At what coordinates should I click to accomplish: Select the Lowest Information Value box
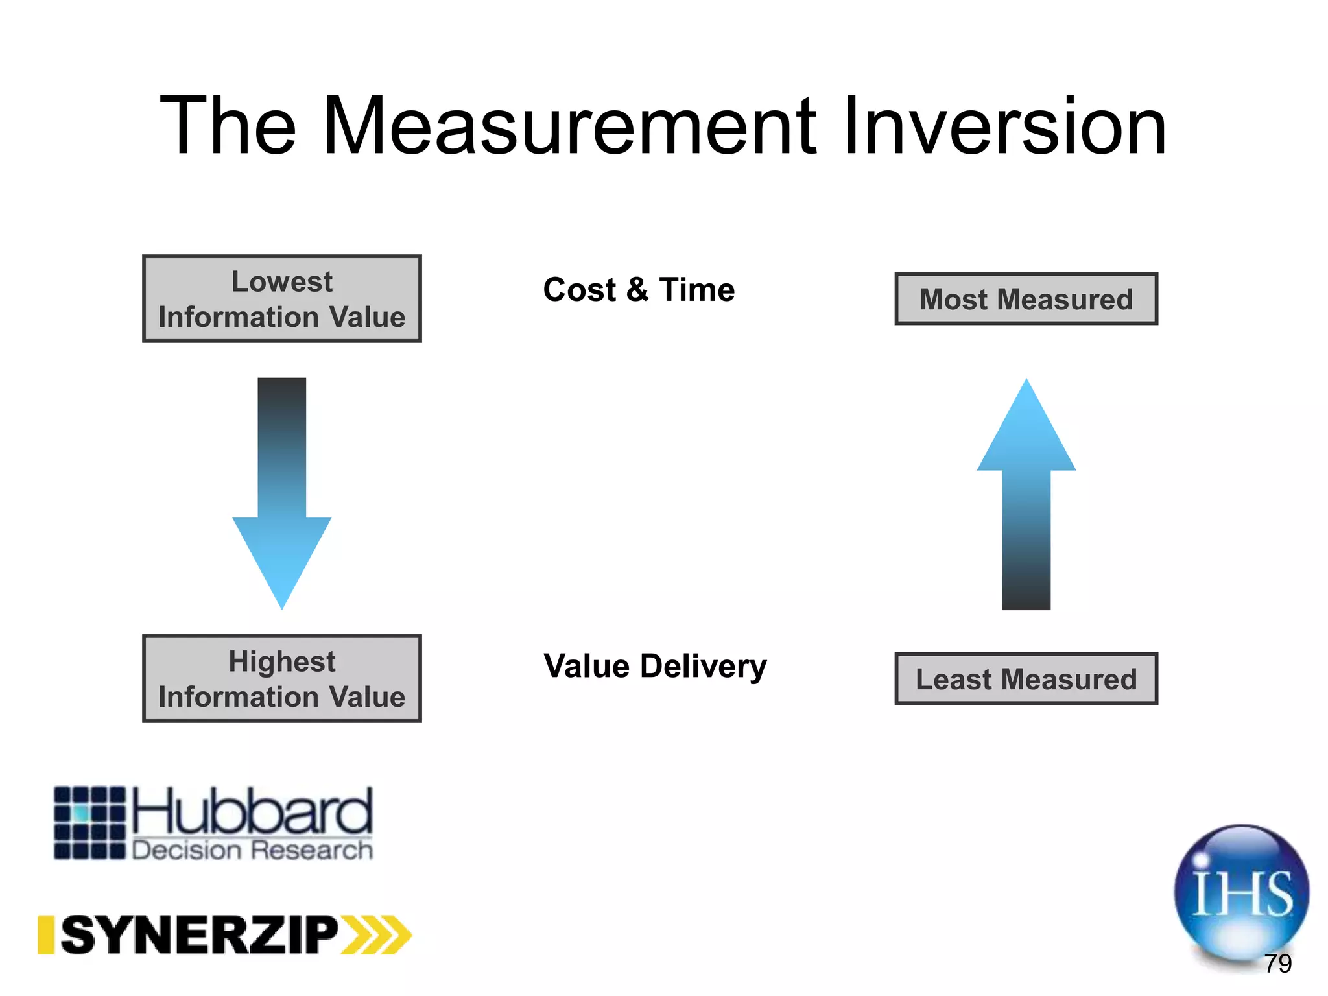tap(282, 299)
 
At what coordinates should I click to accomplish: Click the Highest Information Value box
tap(282, 679)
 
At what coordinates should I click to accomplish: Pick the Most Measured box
tap(1026, 299)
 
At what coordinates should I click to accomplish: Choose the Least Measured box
tap(1026, 679)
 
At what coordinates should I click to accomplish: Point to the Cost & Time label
tap(639, 289)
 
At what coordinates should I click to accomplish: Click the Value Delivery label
tap(655, 666)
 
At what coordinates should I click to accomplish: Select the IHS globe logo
tap(1240, 892)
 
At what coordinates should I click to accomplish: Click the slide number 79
tap(1277, 964)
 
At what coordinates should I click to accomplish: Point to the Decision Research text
tap(253, 849)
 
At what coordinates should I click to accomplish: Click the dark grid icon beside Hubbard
tap(89, 823)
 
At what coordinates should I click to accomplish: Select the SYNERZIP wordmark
tap(200, 935)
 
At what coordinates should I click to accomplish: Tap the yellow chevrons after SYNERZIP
tap(377, 935)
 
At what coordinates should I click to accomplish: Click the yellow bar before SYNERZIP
tap(45, 935)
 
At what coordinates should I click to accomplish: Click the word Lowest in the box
tap(282, 281)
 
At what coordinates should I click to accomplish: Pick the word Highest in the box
tap(282, 661)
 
